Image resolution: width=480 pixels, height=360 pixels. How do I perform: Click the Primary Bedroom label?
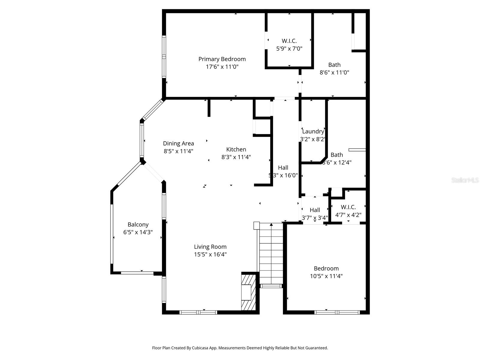click(222, 59)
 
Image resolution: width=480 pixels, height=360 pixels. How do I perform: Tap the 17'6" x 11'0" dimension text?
click(222, 67)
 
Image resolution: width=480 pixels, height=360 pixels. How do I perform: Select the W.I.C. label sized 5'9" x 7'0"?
click(289, 41)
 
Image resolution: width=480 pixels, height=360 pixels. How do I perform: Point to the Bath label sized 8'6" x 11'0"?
click(334, 65)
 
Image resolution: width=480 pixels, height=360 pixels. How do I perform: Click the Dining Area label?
click(178, 143)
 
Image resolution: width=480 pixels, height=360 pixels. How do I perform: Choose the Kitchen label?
click(236, 149)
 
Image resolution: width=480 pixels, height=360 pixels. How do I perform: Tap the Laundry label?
click(313, 131)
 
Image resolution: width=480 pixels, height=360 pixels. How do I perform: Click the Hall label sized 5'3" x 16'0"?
click(283, 168)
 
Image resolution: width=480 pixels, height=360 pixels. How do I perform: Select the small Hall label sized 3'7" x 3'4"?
click(315, 210)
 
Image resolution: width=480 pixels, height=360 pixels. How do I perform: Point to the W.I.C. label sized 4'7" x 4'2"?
click(348, 207)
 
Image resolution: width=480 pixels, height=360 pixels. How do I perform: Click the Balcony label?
click(138, 225)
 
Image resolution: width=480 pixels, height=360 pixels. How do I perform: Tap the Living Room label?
click(210, 247)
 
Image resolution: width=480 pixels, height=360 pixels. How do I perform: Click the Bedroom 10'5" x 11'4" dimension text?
click(326, 276)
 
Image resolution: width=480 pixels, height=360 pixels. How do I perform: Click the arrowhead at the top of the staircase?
click(271, 224)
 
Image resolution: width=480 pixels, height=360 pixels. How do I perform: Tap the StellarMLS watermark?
click(465, 180)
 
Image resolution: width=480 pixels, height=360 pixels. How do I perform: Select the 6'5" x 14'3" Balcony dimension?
click(138, 232)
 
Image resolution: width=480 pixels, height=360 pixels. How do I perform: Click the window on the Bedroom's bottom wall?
click(337, 312)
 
